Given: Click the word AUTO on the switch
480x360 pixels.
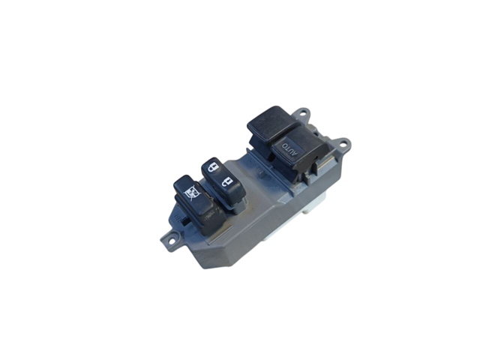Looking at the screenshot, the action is tap(289, 148).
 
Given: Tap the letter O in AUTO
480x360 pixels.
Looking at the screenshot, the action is tap(284, 145).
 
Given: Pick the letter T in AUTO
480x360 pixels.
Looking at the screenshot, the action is tap(288, 147).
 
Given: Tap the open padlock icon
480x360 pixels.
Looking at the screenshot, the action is tap(227, 182).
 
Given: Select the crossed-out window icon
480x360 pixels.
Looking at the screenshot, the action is tap(190, 194).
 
